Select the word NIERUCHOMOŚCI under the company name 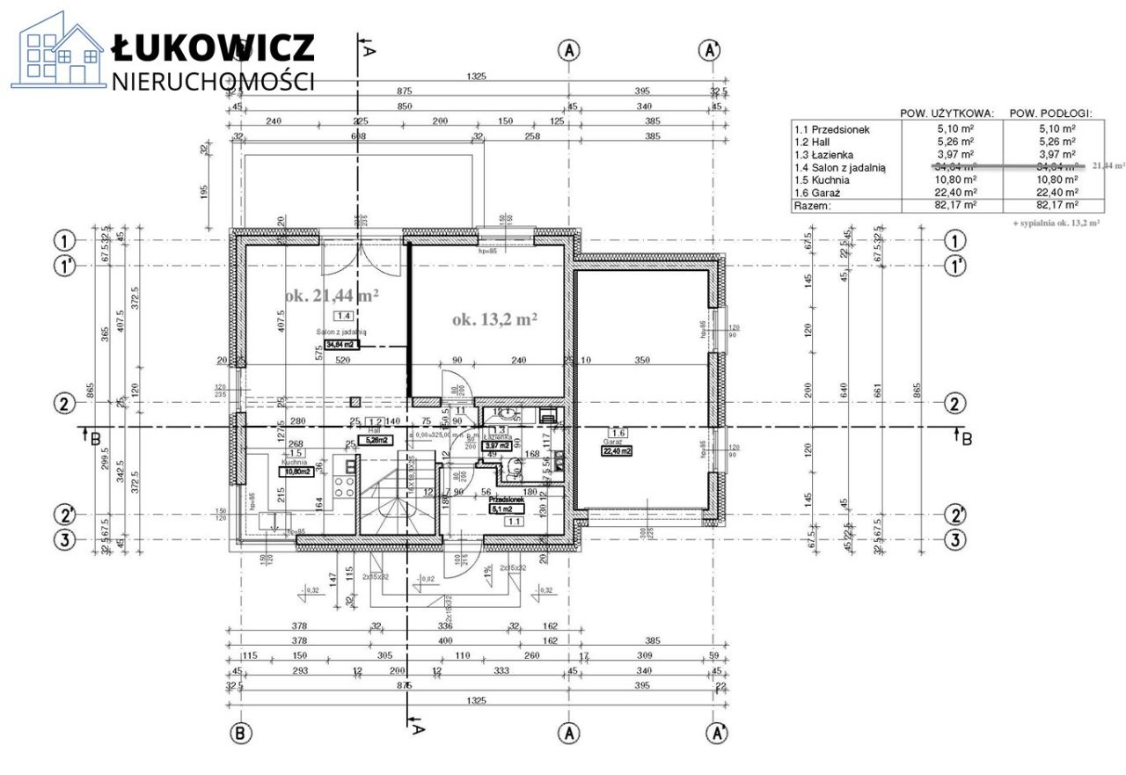point(213,81)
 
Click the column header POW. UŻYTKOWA point(947,113)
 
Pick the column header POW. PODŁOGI point(1050,113)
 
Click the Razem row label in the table point(813,205)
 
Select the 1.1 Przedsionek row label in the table point(832,129)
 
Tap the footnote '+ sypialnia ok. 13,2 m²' point(1056,223)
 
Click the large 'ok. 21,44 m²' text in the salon point(332,296)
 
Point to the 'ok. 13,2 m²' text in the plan point(495,319)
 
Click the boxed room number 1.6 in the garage point(618,433)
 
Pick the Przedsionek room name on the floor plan point(508,499)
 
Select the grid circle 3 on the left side point(63,539)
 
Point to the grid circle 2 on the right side point(954,404)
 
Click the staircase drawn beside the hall point(400,497)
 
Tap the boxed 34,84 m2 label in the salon point(342,345)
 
